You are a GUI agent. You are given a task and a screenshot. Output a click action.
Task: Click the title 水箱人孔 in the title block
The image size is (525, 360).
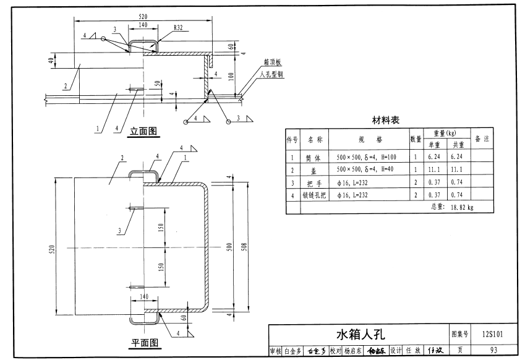pyautogui.click(x=360, y=335)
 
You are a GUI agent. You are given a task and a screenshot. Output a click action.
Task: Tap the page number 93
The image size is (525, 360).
pyautogui.click(x=493, y=351)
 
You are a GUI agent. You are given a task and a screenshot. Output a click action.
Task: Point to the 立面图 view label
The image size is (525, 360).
pyautogui.click(x=143, y=131)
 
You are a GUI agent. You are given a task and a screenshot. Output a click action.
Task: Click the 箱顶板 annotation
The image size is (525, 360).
pyautogui.click(x=273, y=62)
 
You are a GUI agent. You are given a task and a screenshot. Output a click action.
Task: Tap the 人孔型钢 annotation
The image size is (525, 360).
pyautogui.click(x=272, y=74)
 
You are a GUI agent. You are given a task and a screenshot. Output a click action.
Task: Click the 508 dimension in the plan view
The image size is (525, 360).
pyautogui.click(x=245, y=246)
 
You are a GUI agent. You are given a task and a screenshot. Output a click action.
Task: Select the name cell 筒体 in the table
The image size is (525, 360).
pyautogui.click(x=312, y=158)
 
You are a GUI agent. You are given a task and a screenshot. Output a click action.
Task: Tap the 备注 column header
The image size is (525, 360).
pyautogui.click(x=482, y=139)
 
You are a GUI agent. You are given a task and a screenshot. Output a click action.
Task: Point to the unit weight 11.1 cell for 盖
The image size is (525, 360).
pyautogui.click(x=433, y=170)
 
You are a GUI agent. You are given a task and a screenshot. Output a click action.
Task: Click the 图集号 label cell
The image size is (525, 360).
pyautogui.click(x=461, y=335)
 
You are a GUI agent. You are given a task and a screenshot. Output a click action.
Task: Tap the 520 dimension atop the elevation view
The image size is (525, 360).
pyautogui.click(x=143, y=15)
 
